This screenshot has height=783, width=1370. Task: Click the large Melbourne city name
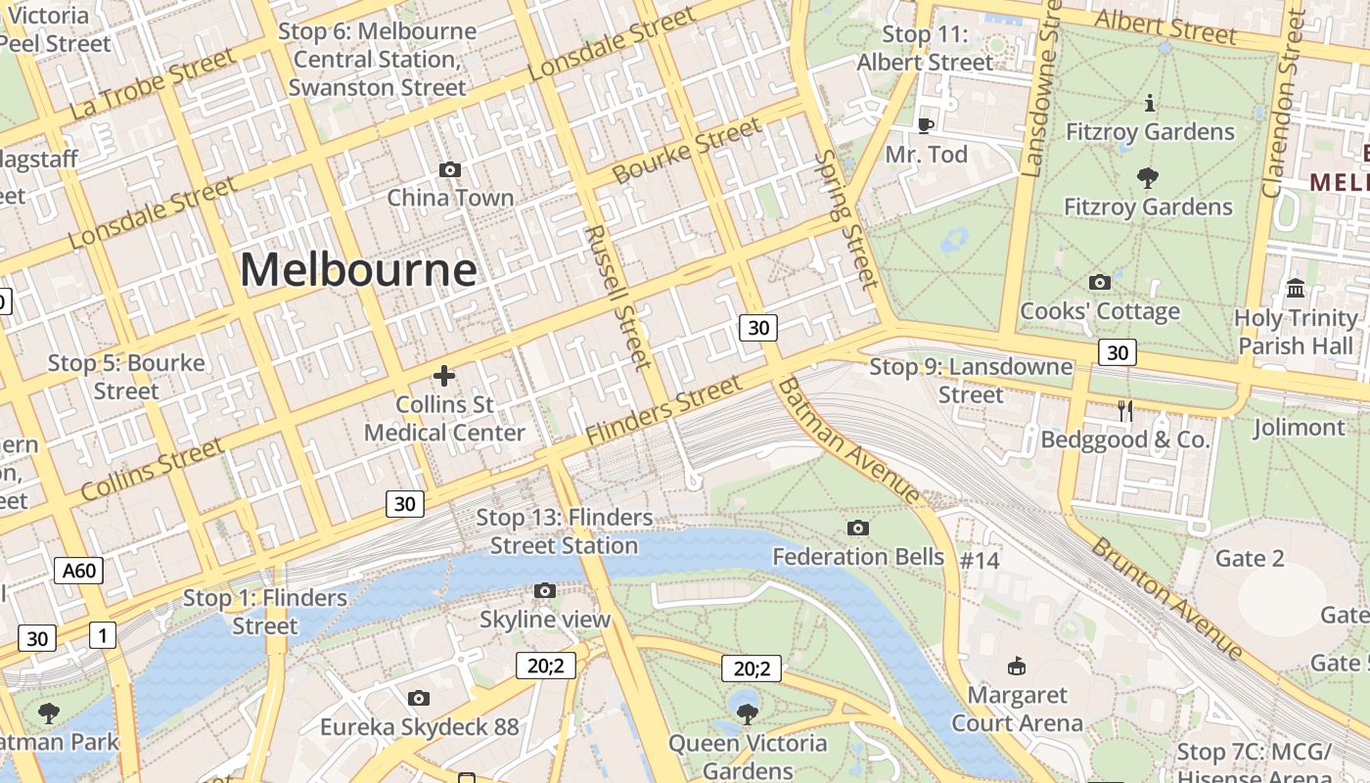tap(358, 270)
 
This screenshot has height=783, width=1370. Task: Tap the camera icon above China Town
tap(450, 169)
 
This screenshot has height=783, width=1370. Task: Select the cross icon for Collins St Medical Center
tap(444, 376)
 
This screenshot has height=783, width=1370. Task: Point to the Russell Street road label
tap(617, 298)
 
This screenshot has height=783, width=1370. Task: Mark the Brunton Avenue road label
tap(1166, 597)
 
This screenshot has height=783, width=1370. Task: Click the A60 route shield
tap(78, 571)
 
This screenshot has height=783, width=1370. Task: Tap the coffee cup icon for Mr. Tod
tap(925, 125)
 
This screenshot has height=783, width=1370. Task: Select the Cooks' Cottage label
tap(1100, 311)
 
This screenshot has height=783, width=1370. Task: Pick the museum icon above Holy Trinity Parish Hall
tap(1297, 288)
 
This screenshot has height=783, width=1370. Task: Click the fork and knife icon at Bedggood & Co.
tap(1125, 411)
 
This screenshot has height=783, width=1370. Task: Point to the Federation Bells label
tap(858, 557)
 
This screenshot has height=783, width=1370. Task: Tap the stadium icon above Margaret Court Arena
tap(1017, 666)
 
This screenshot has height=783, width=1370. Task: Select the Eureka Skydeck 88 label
tap(419, 727)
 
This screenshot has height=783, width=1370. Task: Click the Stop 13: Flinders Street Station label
tap(564, 531)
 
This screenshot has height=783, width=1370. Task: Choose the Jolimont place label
tap(1300, 428)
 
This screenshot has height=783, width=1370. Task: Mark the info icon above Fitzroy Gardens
tap(1149, 103)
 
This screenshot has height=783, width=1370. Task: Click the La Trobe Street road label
tap(153, 84)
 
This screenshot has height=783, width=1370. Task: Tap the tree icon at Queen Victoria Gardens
tap(748, 714)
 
